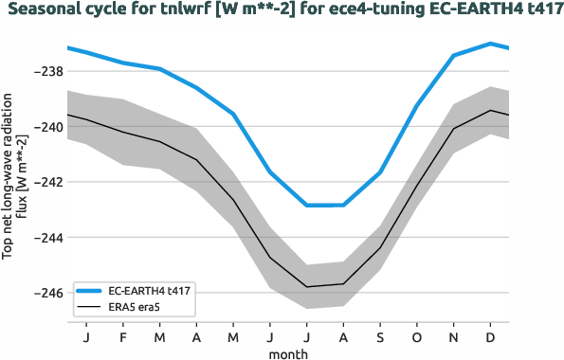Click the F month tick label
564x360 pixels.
coord(123,336)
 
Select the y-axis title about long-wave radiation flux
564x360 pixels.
coord(13,175)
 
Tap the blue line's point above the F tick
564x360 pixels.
coord(123,63)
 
